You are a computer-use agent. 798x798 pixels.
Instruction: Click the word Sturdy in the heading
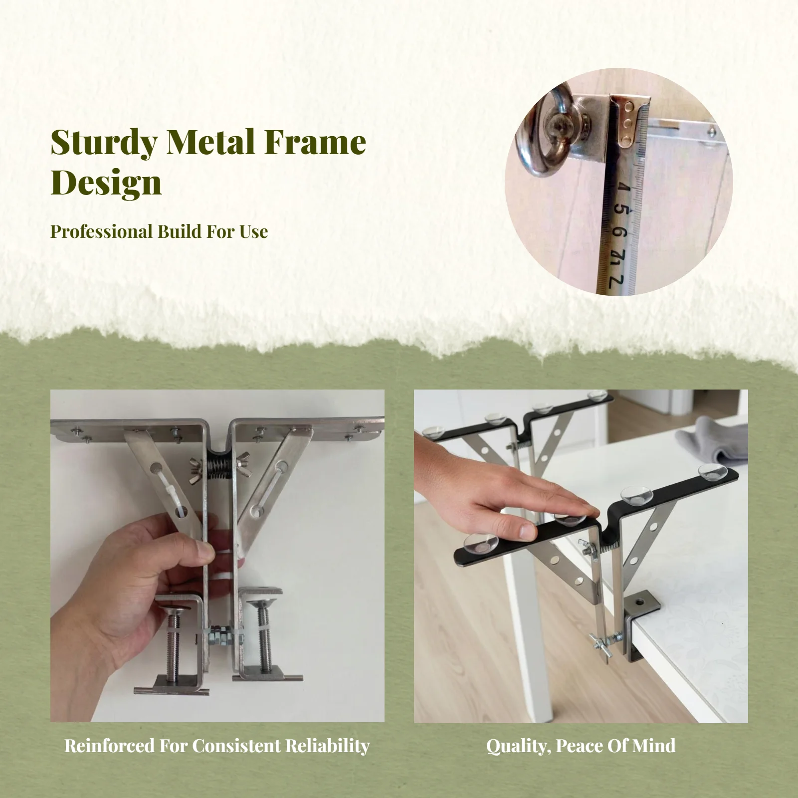(104, 143)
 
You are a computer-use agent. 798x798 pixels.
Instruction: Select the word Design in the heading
(106, 183)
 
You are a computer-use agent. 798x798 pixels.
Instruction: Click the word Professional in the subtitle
(101, 232)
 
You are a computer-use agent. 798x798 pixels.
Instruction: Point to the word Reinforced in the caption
(109, 746)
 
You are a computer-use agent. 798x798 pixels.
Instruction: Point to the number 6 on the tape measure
(619, 231)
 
